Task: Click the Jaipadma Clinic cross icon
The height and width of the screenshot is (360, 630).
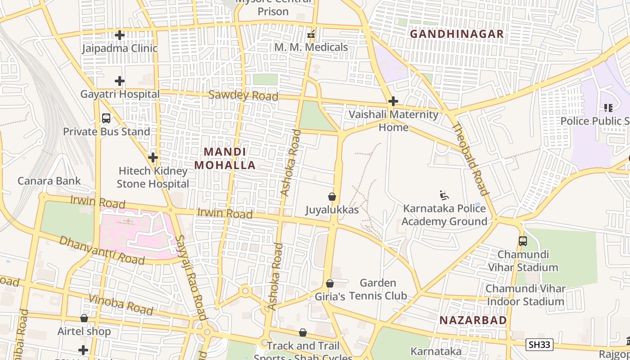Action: (120, 35)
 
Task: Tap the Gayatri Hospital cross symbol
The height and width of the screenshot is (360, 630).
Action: (120, 81)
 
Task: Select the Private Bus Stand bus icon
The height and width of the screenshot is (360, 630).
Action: (106, 118)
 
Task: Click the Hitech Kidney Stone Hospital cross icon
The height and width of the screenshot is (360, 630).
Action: (153, 157)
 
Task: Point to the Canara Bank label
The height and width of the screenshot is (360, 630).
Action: (49, 181)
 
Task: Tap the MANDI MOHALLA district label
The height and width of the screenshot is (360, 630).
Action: (225, 158)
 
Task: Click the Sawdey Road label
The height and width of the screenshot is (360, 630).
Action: (243, 96)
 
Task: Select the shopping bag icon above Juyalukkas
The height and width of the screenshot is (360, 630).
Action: (332, 197)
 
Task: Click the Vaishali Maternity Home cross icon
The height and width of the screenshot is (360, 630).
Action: (393, 101)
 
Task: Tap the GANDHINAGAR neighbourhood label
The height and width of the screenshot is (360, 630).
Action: (457, 34)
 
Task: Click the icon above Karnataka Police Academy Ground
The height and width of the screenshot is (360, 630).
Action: (444, 195)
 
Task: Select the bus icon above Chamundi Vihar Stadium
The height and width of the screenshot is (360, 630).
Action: (522, 241)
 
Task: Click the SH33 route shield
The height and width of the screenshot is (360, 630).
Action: (539, 345)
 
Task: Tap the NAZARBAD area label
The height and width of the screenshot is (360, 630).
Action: (473, 320)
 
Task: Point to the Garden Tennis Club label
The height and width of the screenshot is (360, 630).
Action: (378, 289)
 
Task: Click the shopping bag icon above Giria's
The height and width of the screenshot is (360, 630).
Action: (330, 283)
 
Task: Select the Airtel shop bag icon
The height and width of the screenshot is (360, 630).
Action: (84, 318)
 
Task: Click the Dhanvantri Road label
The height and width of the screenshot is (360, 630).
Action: (102, 250)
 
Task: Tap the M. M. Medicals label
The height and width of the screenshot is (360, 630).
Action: (311, 47)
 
